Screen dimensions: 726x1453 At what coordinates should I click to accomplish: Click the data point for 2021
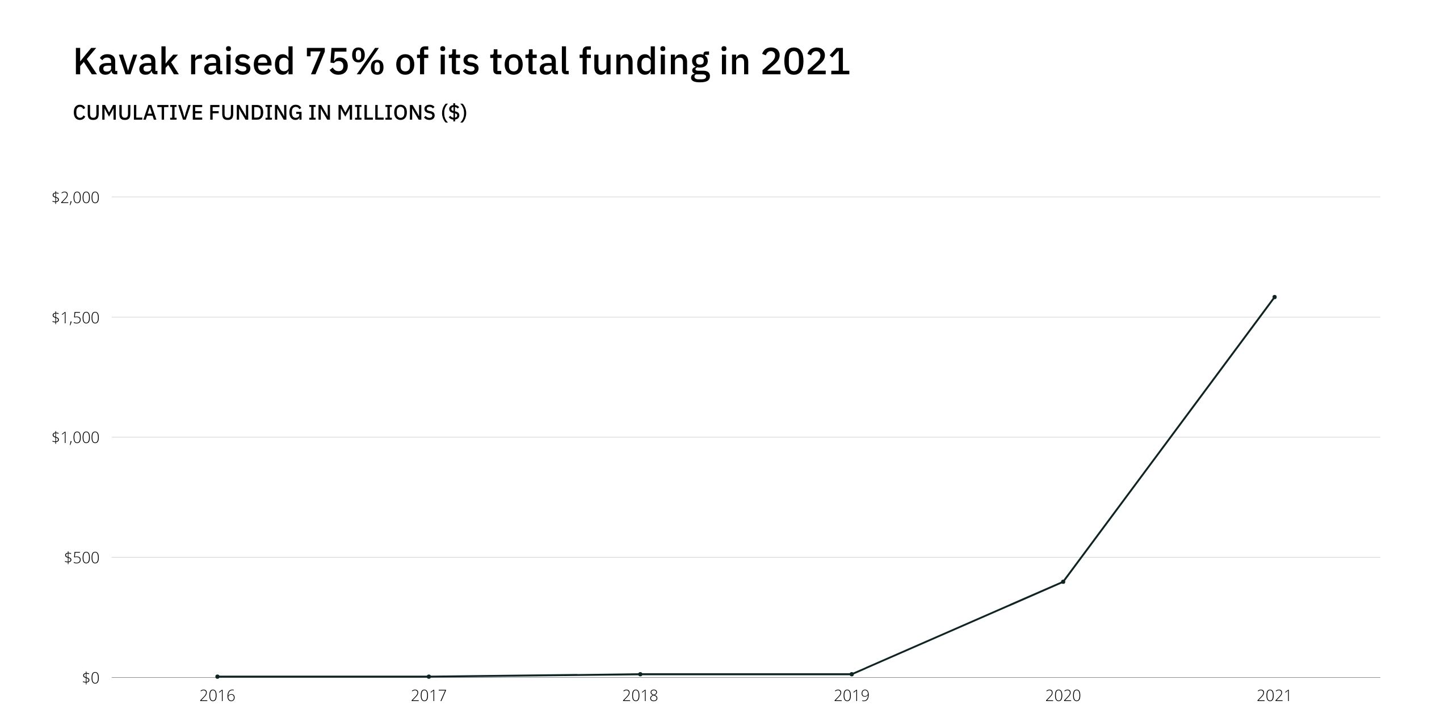point(1274,297)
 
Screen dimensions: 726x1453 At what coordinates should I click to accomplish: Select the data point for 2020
point(1063,582)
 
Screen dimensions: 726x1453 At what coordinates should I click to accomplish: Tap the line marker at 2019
point(851,674)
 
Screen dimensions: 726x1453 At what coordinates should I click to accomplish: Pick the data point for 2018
point(640,674)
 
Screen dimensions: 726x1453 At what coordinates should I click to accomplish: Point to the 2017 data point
point(429,677)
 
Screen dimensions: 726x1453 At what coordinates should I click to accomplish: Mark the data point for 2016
point(217,677)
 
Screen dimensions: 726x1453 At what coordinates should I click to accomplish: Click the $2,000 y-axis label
point(75,198)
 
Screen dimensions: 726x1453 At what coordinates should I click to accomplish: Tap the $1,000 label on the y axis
point(75,438)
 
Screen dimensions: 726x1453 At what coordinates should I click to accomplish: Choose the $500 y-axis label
point(81,558)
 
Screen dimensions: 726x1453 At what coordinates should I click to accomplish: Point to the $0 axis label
point(90,678)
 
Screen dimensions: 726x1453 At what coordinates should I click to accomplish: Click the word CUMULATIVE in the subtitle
point(137,113)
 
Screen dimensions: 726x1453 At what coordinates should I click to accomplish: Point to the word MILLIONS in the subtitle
point(386,113)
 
